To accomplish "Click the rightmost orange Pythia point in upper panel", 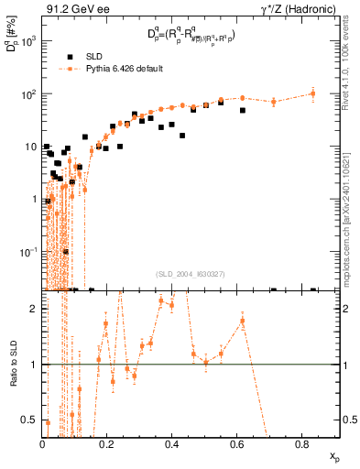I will (x=313, y=93).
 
